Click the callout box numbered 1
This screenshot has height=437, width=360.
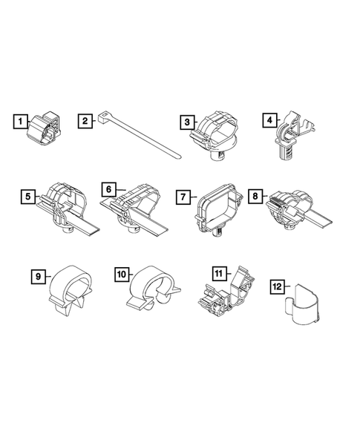point(20,120)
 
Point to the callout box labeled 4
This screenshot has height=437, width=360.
point(269,119)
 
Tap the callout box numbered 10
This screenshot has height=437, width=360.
point(122,275)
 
